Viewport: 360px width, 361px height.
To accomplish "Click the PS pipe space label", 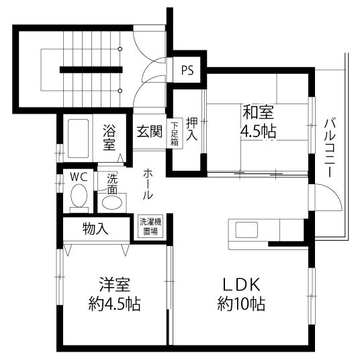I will (187, 69).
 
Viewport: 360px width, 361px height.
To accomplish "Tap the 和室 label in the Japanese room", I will (259, 111).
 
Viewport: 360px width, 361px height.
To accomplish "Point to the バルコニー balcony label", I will (330, 148).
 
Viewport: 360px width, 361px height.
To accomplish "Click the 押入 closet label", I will (192, 128).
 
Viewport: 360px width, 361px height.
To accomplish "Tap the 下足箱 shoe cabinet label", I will (174, 133).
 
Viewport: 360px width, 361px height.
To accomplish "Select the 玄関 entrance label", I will (150, 131).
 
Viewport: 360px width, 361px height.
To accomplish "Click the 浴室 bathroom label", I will (109, 136).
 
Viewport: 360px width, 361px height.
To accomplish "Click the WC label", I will (79, 177).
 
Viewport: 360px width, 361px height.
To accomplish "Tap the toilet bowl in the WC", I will (79, 198).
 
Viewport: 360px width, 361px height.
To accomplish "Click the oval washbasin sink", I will (111, 201).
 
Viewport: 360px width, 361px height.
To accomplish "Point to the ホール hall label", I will (147, 185).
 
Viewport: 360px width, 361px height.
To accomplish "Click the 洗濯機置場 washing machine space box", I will (149, 226).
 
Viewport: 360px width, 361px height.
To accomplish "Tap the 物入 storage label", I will (95, 229).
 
